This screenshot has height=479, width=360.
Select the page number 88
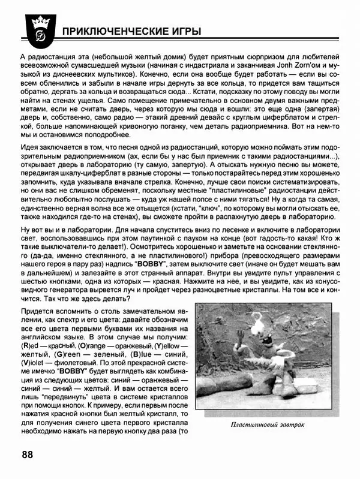[x=28, y=454]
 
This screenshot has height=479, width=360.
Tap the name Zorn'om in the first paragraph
[x=316, y=65]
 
